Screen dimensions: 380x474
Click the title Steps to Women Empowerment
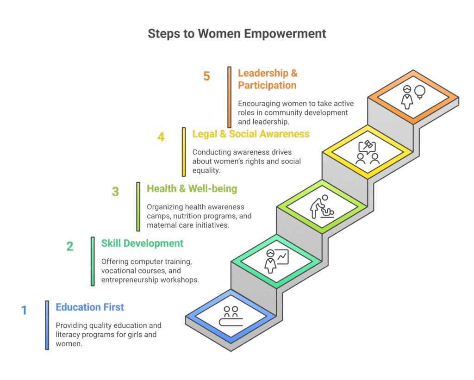tap(237, 34)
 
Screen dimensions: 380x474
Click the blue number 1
tap(24, 310)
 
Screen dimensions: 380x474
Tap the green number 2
tap(70, 246)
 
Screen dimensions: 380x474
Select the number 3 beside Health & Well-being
tap(115, 192)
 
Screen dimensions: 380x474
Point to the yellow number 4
tap(161, 137)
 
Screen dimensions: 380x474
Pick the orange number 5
tap(206, 76)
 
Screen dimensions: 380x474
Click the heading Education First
tap(90, 307)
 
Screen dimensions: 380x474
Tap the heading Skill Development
tap(142, 243)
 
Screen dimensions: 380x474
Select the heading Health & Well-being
tap(192, 189)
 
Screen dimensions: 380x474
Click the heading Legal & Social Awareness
tap(251, 134)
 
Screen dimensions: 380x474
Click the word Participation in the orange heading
tap(267, 85)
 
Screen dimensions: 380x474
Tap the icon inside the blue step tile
tap(231, 316)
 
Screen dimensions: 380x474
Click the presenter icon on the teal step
tap(276, 261)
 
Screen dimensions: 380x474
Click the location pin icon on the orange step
tap(420, 92)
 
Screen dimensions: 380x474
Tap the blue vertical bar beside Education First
tap(47, 325)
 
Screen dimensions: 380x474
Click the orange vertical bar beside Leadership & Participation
tap(229, 97)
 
